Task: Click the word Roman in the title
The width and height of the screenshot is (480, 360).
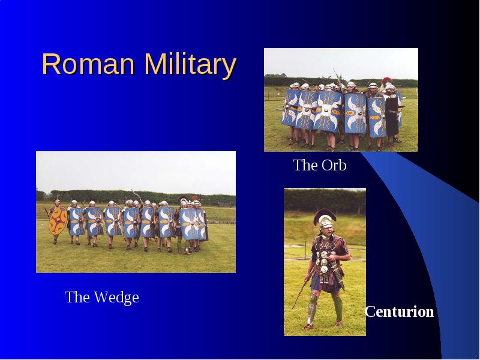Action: pos(88,64)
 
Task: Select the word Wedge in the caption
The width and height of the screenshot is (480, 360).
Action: pos(116,297)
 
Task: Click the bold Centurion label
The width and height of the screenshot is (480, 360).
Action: pos(399,311)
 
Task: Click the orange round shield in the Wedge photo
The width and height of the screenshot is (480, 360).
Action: pos(58,220)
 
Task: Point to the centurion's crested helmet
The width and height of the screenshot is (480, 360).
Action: pos(325,219)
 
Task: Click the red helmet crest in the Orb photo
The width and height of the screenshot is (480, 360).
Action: pos(386,81)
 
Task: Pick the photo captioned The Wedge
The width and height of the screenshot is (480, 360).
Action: pos(136,212)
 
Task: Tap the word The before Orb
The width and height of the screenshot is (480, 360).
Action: pos(305,165)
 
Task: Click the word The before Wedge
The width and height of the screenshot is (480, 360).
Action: pos(77,297)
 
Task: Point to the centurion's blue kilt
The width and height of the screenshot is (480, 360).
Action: pos(325,283)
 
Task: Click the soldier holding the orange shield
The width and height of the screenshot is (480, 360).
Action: pos(57,221)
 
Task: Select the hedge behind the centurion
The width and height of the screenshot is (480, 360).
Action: pos(325,200)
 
